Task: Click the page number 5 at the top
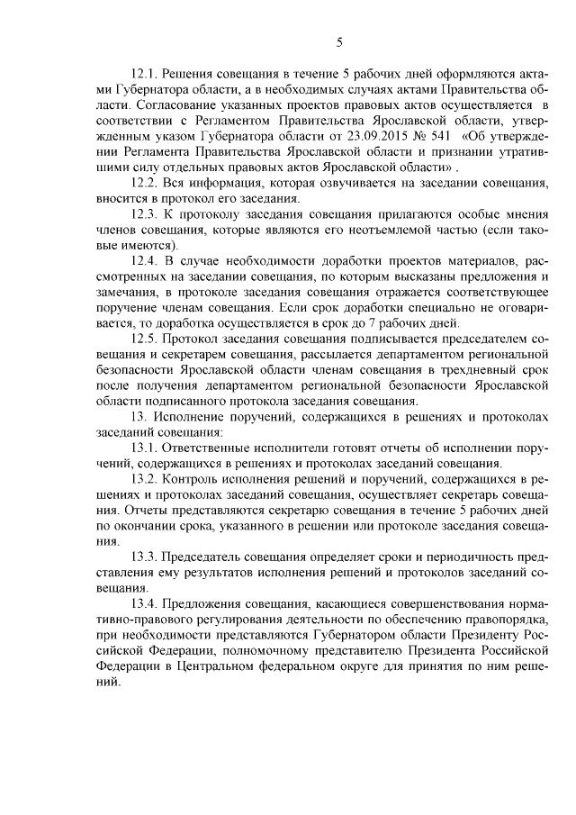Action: point(339,41)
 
